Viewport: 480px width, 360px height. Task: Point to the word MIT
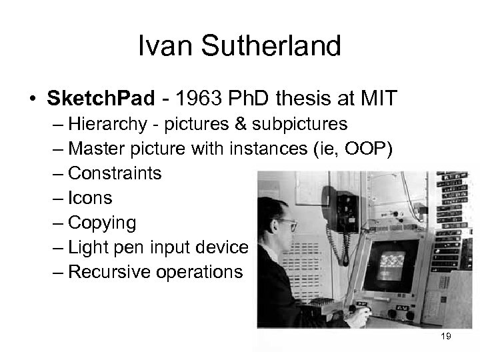(x=377, y=99)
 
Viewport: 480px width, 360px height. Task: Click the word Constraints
(x=115, y=173)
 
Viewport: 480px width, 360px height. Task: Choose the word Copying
(x=102, y=222)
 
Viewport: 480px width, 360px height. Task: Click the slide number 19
(x=446, y=336)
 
